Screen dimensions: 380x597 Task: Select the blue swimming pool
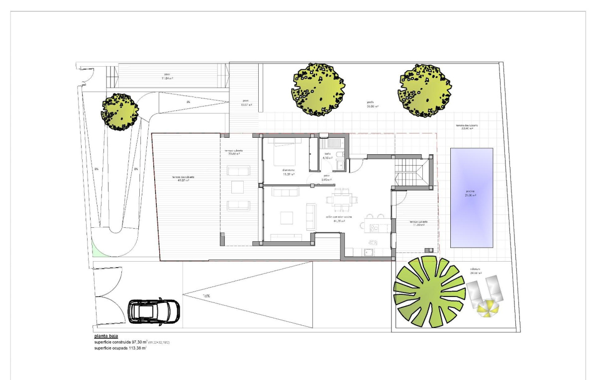click(x=471, y=197)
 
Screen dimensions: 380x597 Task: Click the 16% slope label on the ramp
click(x=206, y=296)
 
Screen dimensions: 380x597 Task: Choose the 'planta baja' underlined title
click(x=106, y=336)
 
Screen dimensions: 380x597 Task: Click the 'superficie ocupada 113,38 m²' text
click(x=120, y=349)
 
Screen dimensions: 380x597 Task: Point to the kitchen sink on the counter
click(x=369, y=252)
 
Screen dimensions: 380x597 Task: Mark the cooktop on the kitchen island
click(x=374, y=227)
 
